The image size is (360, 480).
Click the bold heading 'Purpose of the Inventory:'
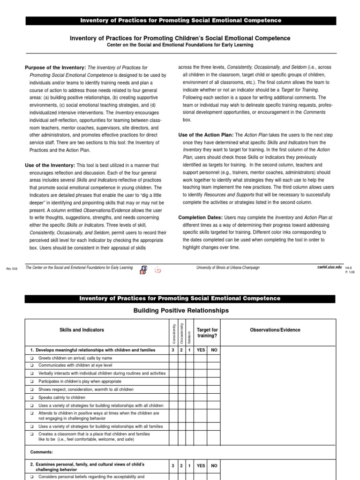point(55,67)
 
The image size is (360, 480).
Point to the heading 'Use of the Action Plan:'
point(206,135)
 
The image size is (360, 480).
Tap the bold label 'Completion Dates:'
point(201,217)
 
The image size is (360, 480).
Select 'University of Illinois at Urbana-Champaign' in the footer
point(227,267)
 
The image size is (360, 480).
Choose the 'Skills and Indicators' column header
point(82,330)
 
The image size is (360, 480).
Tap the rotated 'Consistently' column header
point(173,332)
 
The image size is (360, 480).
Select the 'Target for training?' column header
point(207,333)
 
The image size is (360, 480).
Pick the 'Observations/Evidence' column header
point(276,330)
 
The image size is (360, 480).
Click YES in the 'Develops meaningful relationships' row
point(201,350)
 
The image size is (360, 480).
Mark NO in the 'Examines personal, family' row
point(214,466)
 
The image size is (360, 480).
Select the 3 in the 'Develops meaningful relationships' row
point(173,350)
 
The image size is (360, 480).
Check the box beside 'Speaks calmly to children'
point(32,397)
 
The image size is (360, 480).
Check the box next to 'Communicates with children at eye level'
point(32,366)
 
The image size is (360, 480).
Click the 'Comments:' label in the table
point(41,452)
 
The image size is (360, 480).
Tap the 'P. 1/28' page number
point(350,271)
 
